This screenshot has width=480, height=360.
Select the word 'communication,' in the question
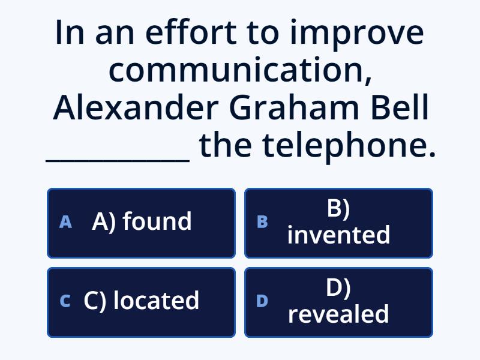tap(239, 71)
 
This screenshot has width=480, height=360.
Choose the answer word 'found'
tap(157, 221)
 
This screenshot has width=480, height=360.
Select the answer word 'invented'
tap(338, 235)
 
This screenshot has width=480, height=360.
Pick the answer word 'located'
tap(156, 301)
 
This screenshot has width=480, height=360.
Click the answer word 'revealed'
tap(338, 314)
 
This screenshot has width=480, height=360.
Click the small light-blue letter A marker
tap(65, 222)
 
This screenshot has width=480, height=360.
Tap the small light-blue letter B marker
tap(262, 222)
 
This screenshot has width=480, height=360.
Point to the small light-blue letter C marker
tap(65, 301)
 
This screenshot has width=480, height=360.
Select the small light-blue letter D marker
tap(262, 301)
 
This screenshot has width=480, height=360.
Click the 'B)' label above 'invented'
tap(338, 208)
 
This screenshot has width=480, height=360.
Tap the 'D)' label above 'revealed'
tap(338, 287)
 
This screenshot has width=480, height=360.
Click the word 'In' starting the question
tap(70, 33)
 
